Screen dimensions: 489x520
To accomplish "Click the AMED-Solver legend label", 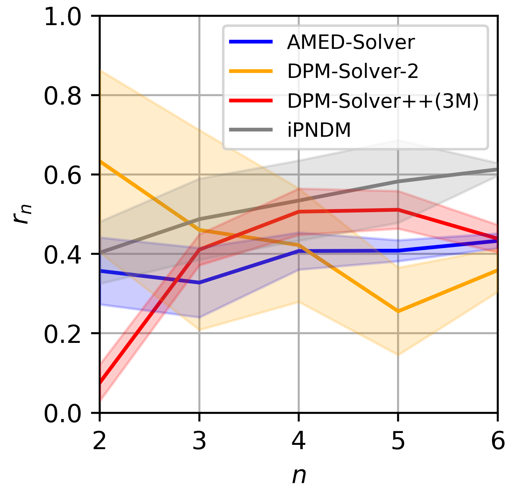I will point(350,42).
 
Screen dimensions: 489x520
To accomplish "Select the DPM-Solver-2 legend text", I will point(353,72).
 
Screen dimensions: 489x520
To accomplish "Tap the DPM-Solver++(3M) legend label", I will point(383,102).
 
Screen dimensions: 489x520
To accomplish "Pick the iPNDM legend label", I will point(319,130).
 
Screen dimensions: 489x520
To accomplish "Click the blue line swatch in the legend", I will point(251,42).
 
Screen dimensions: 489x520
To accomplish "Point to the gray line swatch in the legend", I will point(251,130).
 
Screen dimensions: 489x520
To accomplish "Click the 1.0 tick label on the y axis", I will point(62,17).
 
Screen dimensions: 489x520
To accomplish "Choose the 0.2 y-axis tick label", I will point(62,334).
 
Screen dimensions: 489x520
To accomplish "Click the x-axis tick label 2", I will point(99,441).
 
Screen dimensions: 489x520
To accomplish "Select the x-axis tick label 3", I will point(199,441).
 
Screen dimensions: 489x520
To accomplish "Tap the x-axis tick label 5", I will point(398,441).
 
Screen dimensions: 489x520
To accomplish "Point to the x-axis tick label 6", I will point(497,441).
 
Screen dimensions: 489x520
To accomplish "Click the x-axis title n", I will point(298,476).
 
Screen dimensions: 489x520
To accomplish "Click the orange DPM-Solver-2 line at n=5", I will point(398,311).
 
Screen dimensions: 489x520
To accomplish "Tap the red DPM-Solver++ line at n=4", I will point(298,212).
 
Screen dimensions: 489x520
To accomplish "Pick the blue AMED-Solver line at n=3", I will point(199,283).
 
